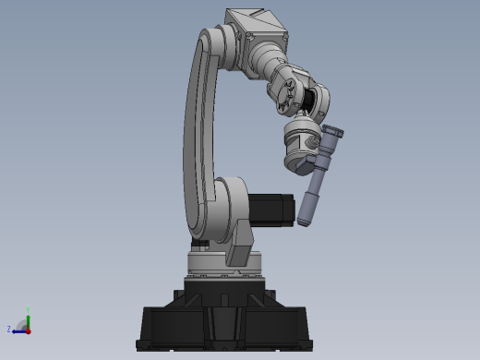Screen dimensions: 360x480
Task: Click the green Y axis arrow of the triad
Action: (x=28, y=318)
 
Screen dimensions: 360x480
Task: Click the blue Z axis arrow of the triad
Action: (x=18, y=330)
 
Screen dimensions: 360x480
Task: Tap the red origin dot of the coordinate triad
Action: (x=28, y=330)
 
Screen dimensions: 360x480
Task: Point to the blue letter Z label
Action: (x=9, y=329)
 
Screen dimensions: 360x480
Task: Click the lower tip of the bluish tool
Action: (x=306, y=222)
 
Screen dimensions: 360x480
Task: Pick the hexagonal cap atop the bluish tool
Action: (x=333, y=134)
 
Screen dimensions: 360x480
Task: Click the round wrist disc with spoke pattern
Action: (x=285, y=95)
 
